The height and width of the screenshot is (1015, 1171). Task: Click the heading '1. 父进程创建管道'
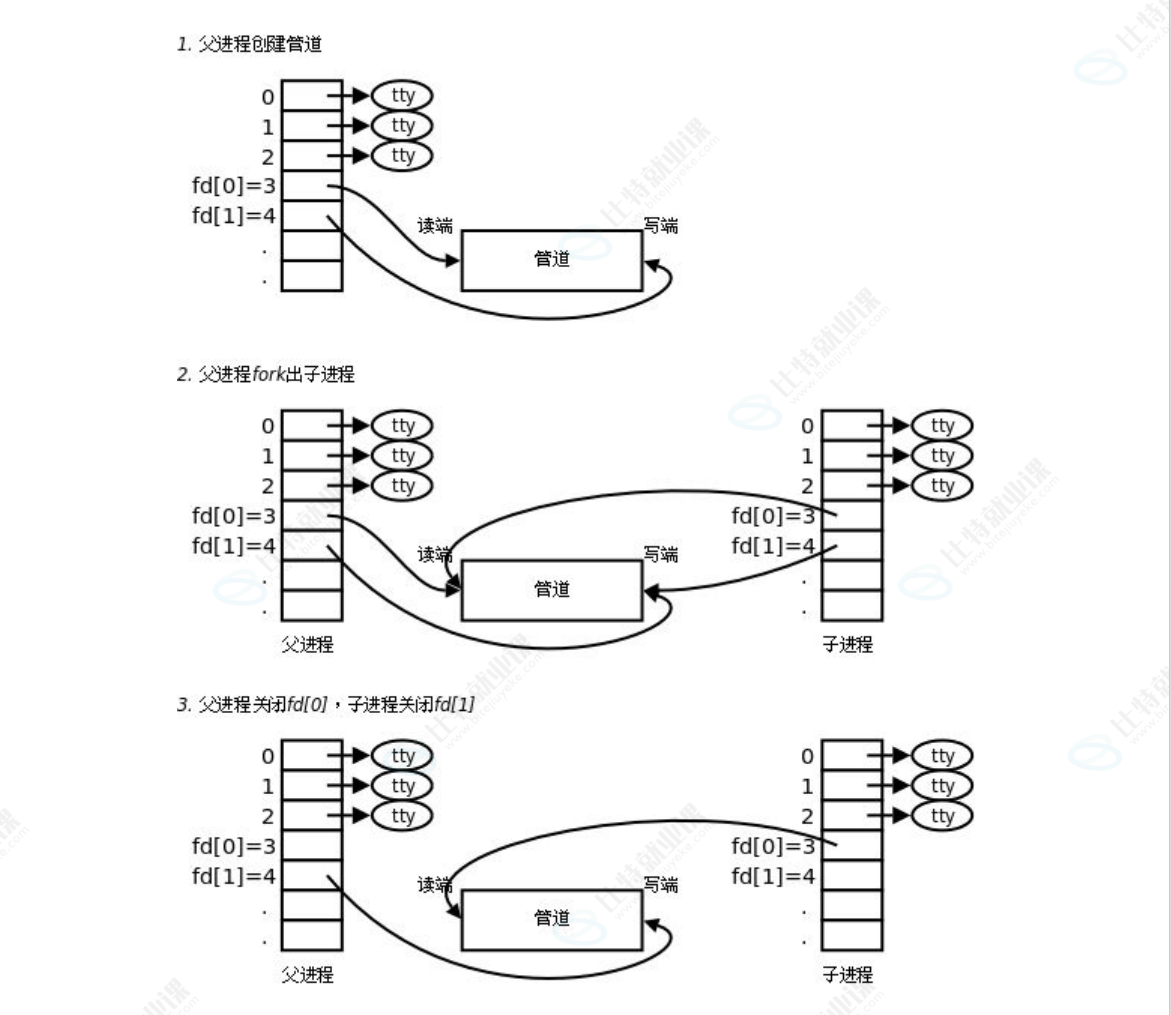[249, 44]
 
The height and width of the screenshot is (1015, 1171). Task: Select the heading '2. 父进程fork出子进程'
[266, 375]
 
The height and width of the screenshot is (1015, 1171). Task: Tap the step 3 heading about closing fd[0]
[325, 705]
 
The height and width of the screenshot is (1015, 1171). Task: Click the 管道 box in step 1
[551, 260]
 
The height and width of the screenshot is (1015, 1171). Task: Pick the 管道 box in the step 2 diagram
[551, 590]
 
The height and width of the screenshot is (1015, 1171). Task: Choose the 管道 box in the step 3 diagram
[551, 919]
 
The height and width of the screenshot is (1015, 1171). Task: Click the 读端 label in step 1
[434, 226]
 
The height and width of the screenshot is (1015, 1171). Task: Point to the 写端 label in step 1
[660, 226]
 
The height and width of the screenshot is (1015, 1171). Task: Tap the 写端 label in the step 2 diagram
[660, 553]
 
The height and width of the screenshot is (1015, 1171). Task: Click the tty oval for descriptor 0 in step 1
[402, 96]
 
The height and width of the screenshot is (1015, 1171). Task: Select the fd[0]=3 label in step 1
[233, 186]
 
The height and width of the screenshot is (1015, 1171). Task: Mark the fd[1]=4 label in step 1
[233, 216]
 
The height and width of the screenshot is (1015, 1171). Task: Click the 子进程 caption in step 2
[847, 645]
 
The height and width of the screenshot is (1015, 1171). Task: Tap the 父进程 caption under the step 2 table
[307, 645]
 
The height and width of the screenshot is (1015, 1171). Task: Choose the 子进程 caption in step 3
[847, 975]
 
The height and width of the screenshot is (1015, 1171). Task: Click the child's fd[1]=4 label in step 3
[773, 877]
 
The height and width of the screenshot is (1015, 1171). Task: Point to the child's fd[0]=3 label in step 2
[773, 516]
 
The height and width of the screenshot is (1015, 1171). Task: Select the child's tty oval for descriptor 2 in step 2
[942, 486]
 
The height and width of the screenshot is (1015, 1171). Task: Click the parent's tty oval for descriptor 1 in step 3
[402, 786]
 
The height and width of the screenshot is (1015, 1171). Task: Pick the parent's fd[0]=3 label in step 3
[233, 847]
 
